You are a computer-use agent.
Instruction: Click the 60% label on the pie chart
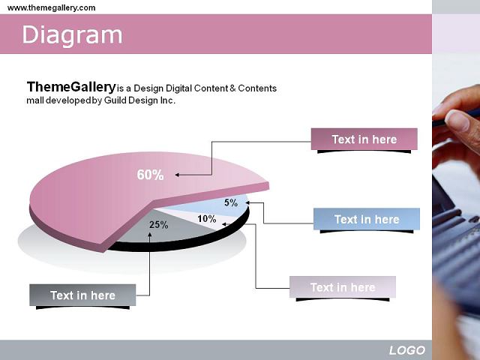tap(150, 175)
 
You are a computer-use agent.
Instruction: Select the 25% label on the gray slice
tap(159, 225)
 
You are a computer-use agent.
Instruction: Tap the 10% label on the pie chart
tap(207, 218)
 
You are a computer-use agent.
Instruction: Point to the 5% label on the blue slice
tap(231, 202)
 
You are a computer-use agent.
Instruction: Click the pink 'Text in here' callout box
tap(364, 139)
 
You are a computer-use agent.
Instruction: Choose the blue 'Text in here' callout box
tap(367, 219)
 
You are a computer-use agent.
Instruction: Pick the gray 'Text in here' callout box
tap(82, 295)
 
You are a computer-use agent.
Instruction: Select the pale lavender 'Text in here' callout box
tap(343, 287)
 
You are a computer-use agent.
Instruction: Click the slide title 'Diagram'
tap(72, 35)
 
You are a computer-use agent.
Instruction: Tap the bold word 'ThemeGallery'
tap(71, 87)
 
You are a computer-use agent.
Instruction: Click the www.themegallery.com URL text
tap(52, 7)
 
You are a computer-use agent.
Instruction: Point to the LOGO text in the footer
tap(407, 350)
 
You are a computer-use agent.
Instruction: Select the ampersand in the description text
tap(232, 88)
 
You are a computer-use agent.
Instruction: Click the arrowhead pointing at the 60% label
tap(177, 175)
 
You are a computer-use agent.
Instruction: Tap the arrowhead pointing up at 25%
tap(150, 235)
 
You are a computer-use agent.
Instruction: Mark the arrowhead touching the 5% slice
tap(247, 202)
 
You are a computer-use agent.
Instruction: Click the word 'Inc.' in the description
tap(168, 100)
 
